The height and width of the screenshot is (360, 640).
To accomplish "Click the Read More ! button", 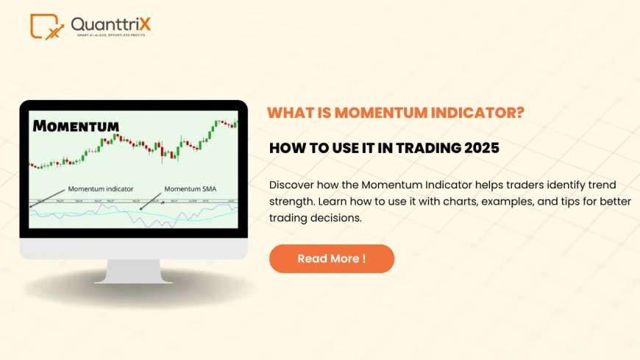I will point(332,258).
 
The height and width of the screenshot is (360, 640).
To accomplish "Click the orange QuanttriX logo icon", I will point(46,26).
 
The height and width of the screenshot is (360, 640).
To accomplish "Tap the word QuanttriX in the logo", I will point(110,24).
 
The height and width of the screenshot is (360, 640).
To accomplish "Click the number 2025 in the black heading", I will point(481,148).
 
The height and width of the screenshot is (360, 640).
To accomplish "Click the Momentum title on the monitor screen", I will point(76,125).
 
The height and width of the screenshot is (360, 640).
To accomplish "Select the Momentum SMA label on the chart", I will point(191,189).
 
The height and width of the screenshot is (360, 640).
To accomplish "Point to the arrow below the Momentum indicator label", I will point(49,198).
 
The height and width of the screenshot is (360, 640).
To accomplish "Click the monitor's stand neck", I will point(133,269).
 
